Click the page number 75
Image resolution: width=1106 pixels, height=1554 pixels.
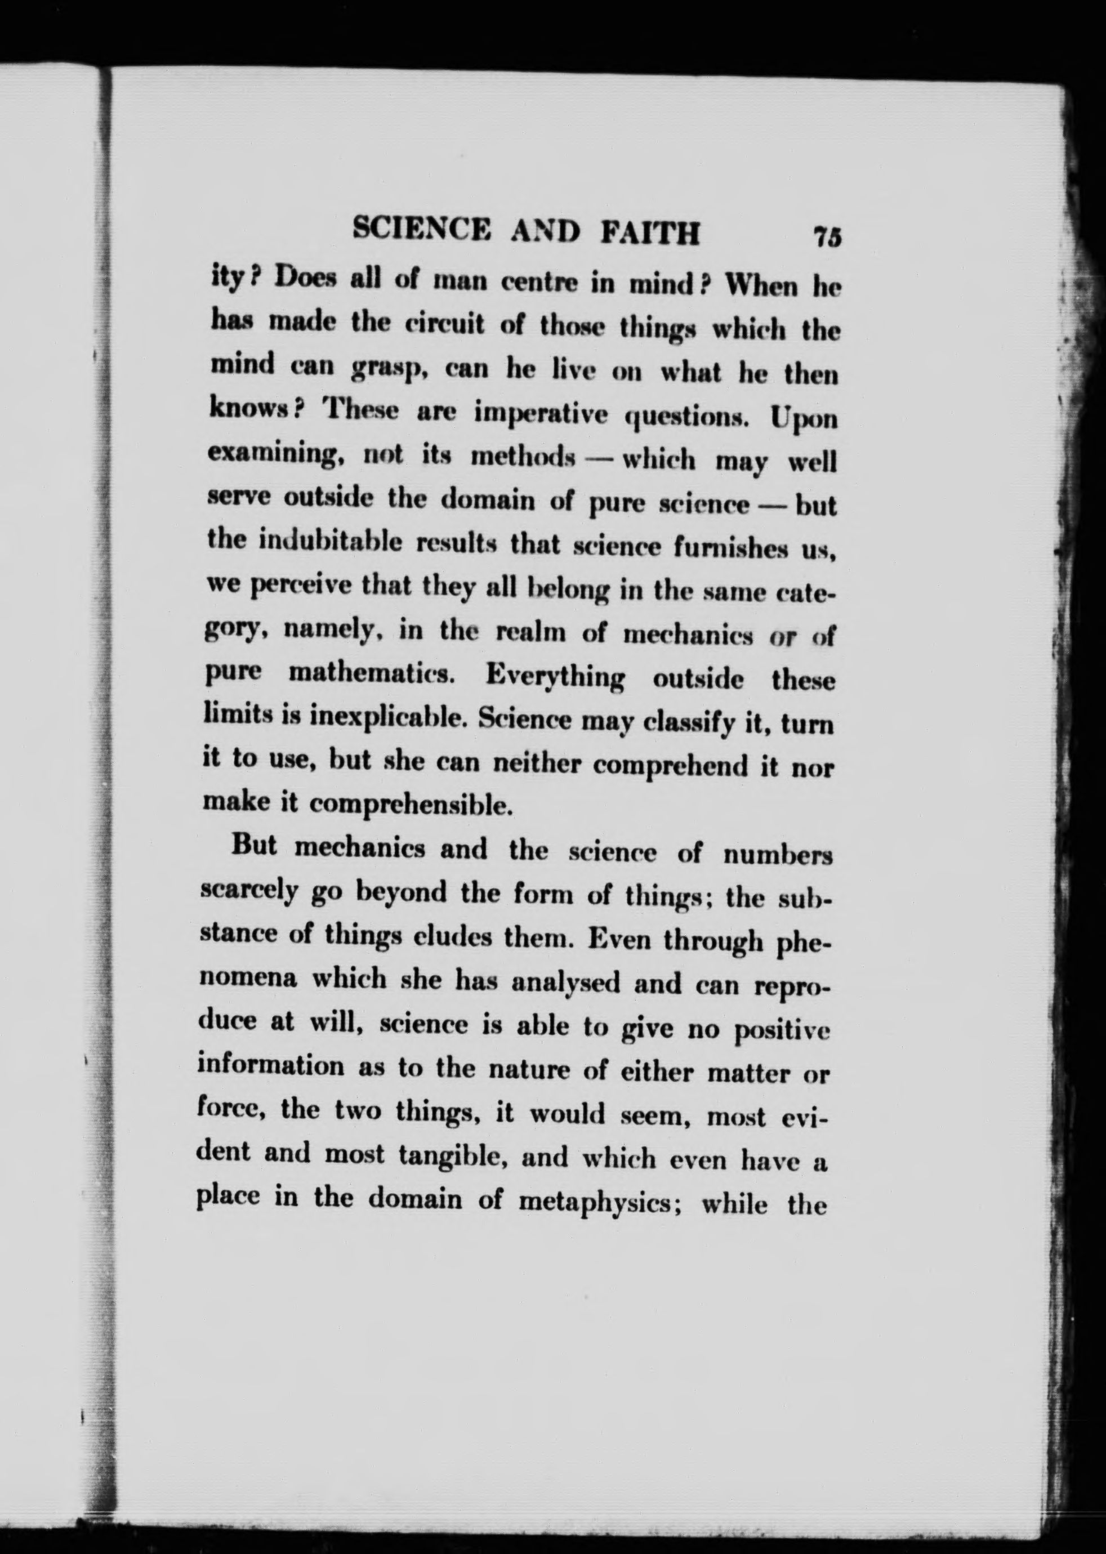coord(827,238)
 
